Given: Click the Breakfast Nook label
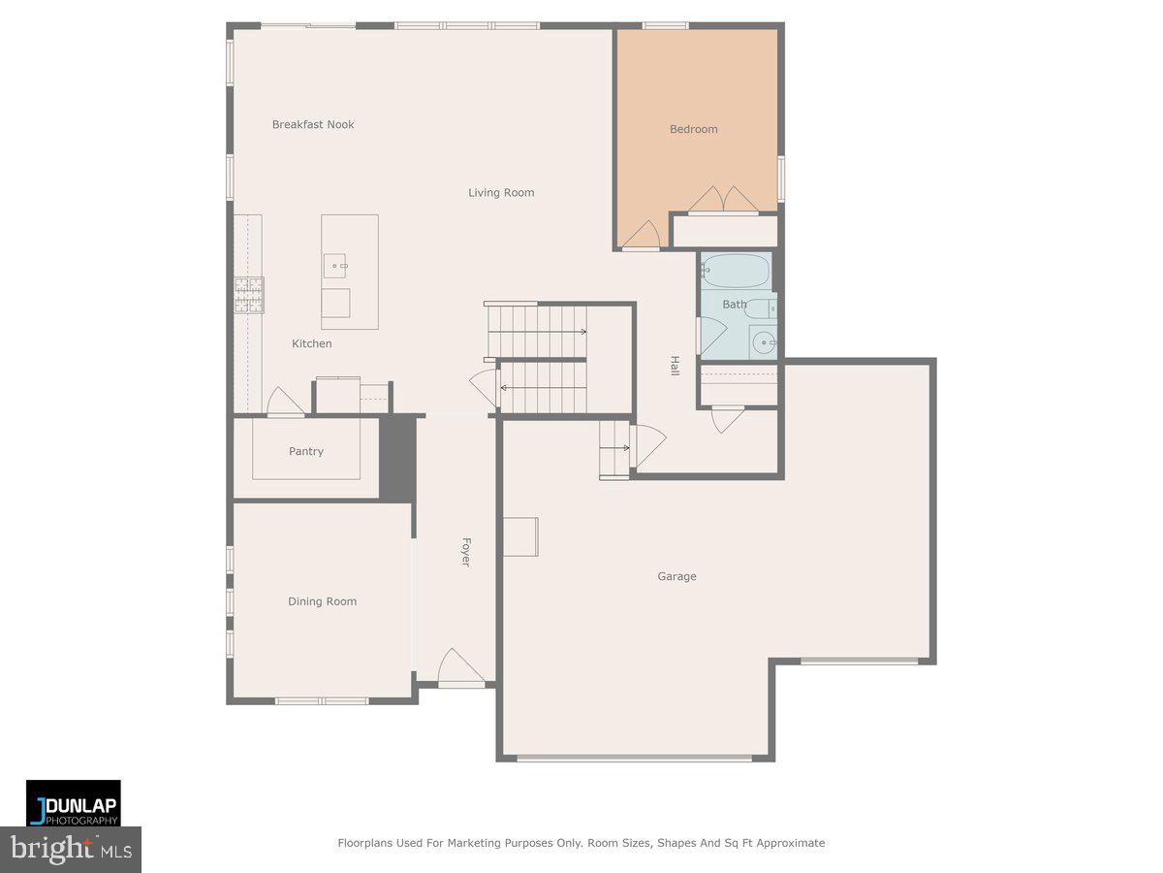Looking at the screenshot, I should pyautogui.click(x=312, y=124).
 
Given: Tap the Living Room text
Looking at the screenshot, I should pyautogui.click(x=501, y=192).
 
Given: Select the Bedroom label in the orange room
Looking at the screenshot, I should pyautogui.click(x=694, y=129).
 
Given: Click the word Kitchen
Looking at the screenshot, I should pyautogui.click(x=312, y=343).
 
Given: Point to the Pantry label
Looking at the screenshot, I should pyautogui.click(x=306, y=451).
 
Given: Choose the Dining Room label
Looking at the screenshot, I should pyautogui.click(x=322, y=601).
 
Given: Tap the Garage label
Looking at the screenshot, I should pyautogui.click(x=676, y=576).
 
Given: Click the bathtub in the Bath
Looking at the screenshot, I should pyautogui.click(x=737, y=270).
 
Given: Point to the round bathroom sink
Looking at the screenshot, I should pyautogui.click(x=764, y=341).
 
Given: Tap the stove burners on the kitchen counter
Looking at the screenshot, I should pyautogui.click(x=248, y=294).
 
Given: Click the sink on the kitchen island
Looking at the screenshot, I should pyautogui.click(x=336, y=263).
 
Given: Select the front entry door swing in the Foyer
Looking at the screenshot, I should pyautogui.click(x=460, y=667).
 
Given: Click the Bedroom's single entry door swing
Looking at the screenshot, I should pyautogui.click(x=643, y=236).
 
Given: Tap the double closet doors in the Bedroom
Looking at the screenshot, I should pyautogui.click(x=724, y=199).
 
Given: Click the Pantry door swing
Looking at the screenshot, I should pyautogui.click(x=284, y=402).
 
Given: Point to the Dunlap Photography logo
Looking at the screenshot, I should pyautogui.click(x=74, y=803).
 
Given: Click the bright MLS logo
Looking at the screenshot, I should pyautogui.click(x=71, y=850).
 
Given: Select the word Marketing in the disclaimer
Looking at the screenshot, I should pyautogui.click(x=468, y=843).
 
